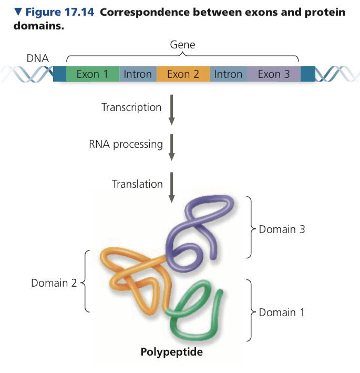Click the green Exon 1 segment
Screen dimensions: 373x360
92,74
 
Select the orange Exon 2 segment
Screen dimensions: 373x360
183,74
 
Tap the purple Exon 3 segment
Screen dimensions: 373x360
273,74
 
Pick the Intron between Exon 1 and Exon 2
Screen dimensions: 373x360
138,74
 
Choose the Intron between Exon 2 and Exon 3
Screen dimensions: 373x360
229,74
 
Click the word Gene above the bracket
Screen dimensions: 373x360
182,45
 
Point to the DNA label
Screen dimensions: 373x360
38,58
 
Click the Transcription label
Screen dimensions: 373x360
131,107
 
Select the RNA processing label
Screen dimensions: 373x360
126,144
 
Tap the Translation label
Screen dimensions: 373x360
137,184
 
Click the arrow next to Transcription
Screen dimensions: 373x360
171,109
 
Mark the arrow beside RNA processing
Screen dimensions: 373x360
171,147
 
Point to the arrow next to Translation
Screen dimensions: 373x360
171,187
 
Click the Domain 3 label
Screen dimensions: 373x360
282,229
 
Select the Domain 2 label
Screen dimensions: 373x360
53,283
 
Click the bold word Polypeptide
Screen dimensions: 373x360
171,351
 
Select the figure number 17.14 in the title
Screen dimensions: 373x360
76,12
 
